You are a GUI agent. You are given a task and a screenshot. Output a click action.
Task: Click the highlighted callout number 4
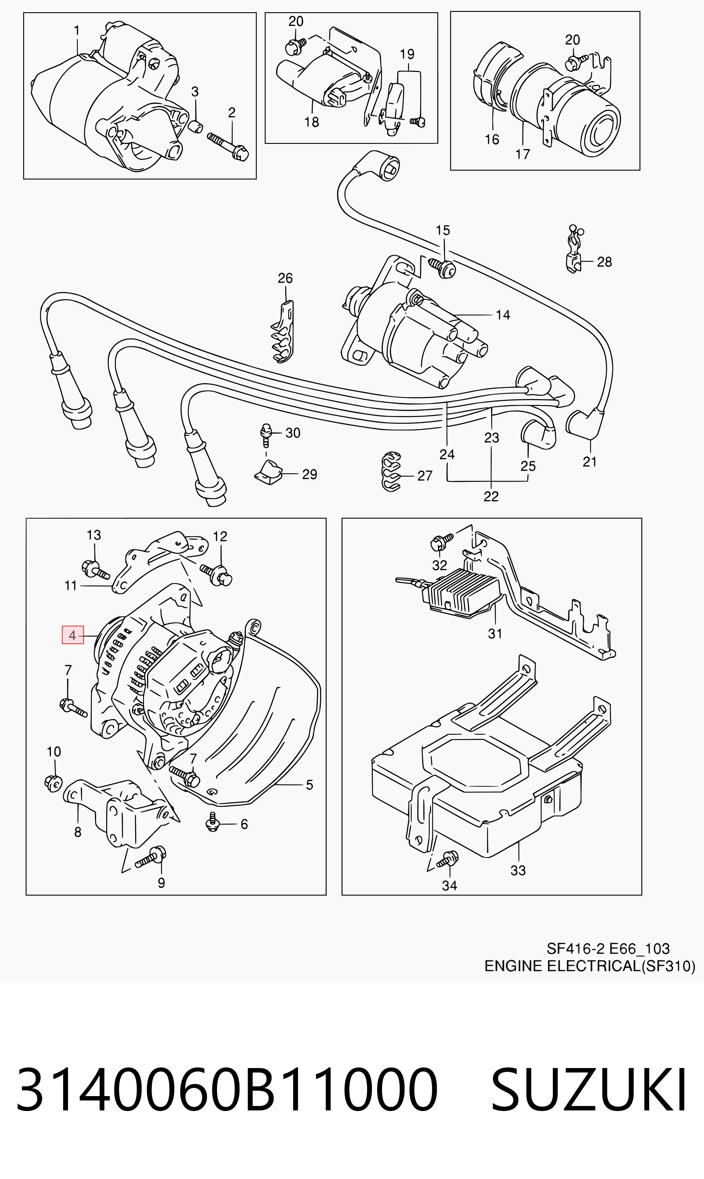[73, 635]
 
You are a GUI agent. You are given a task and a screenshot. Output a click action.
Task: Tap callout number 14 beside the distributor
[503, 315]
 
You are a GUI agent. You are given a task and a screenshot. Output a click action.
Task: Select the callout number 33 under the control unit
[518, 871]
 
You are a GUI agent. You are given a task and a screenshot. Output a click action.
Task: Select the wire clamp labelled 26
[283, 332]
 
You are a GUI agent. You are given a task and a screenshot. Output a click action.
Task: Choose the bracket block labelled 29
[268, 472]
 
